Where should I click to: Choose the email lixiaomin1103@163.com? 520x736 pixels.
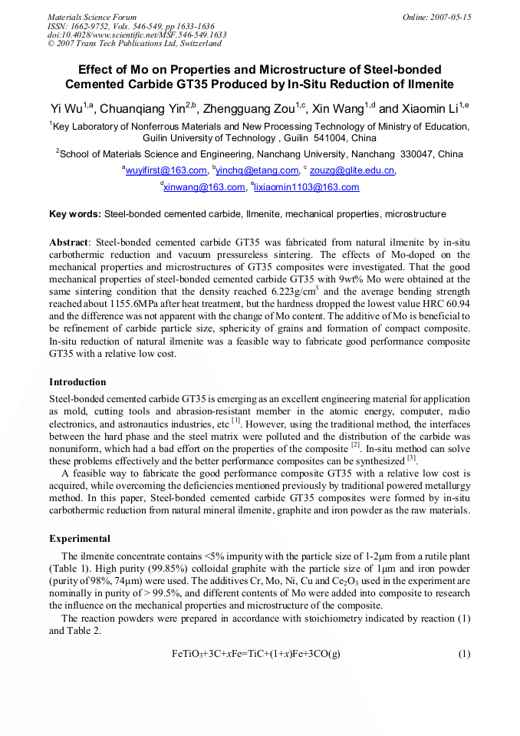[307, 187]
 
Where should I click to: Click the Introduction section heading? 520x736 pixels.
[77, 382]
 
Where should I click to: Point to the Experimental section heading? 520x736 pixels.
[80, 539]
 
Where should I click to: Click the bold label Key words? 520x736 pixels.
[74, 213]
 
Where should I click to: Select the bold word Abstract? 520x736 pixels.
[68, 243]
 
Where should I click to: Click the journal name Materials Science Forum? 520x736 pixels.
[92, 17]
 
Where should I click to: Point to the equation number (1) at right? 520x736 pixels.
[464, 654]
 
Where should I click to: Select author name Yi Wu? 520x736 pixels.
[67, 109]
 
